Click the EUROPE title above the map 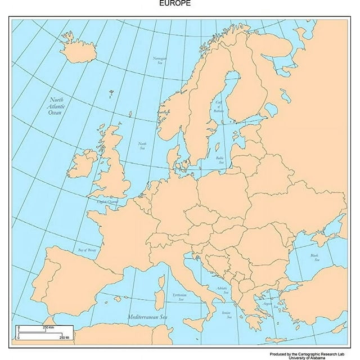click(x=175, y=3)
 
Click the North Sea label click(x=143, y=146)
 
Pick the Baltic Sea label click(x=220, y=160)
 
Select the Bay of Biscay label click(x=88, y=250)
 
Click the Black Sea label click(x=314, y=258)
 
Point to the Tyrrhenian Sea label click(x=179, y=297)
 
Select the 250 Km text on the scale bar click(x=48, y=327)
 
